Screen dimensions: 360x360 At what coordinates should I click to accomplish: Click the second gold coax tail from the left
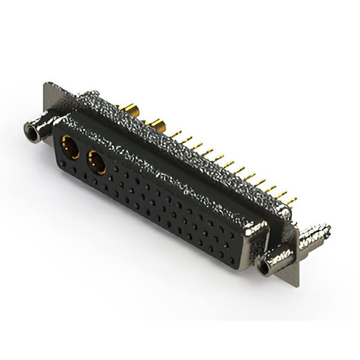click(x=155, y=124)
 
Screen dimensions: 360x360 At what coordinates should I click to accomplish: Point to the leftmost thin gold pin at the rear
click(x=175, y=134)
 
